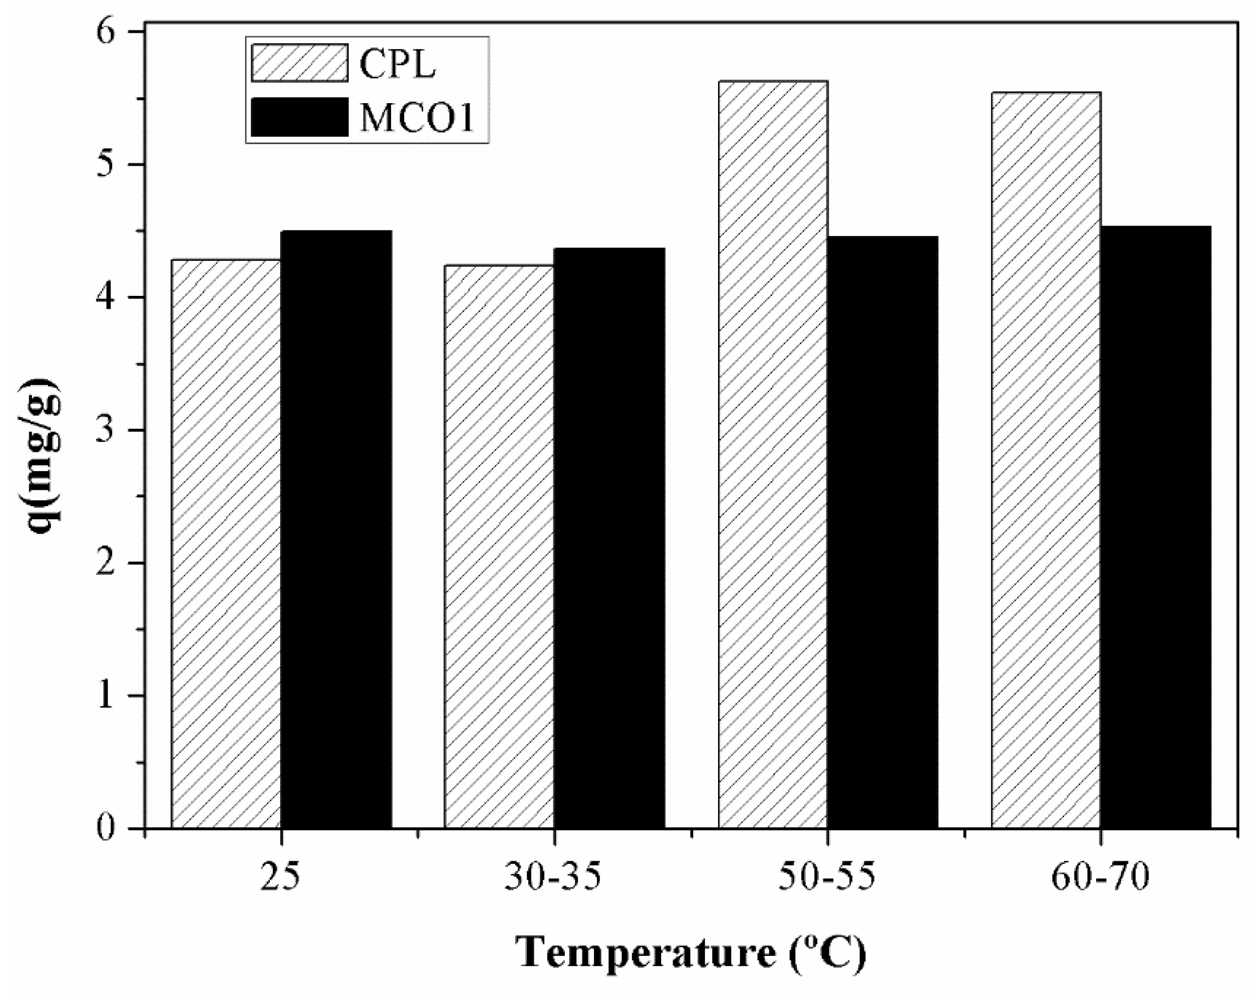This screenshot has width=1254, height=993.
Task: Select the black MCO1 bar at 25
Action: (336, 529)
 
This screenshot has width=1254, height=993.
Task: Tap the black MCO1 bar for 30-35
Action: (609, 538)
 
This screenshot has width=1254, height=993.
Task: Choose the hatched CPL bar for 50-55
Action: (773, 454)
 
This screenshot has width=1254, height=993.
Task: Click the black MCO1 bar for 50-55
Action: (883, 532)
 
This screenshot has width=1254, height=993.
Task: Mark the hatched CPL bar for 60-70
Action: (1046, 459)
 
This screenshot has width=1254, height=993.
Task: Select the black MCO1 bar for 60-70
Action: (1156, 527)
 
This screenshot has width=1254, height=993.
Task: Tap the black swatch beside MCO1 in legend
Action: (299, 117)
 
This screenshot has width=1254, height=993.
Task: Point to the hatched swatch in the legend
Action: (299, 63)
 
